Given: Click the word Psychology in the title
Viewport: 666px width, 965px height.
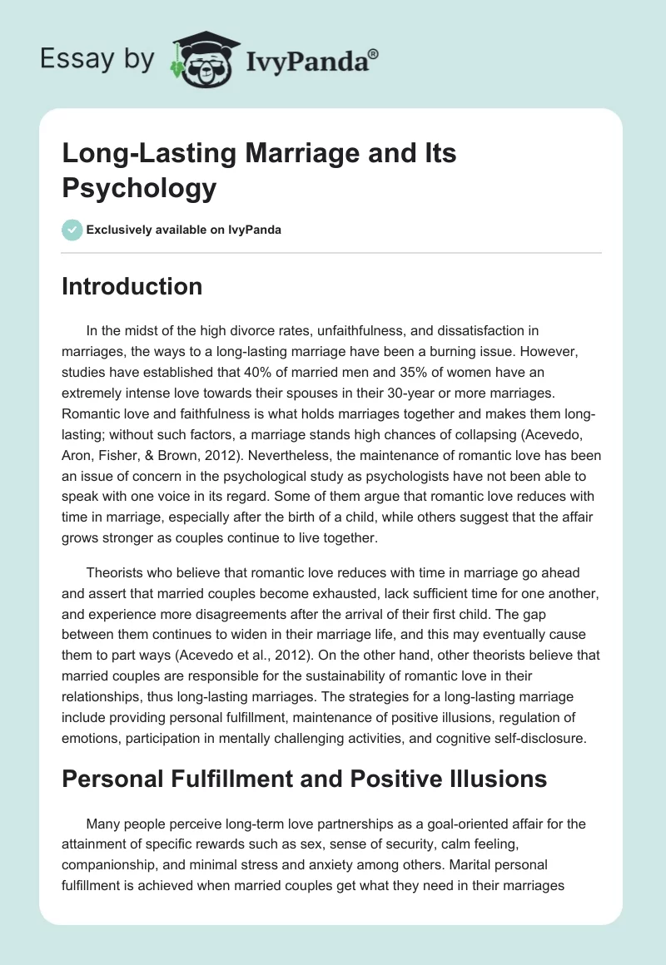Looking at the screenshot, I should [139, 188].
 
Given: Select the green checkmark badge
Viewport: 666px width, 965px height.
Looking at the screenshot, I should [72, 230].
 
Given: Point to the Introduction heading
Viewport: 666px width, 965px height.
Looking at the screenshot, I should [132, 287].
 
